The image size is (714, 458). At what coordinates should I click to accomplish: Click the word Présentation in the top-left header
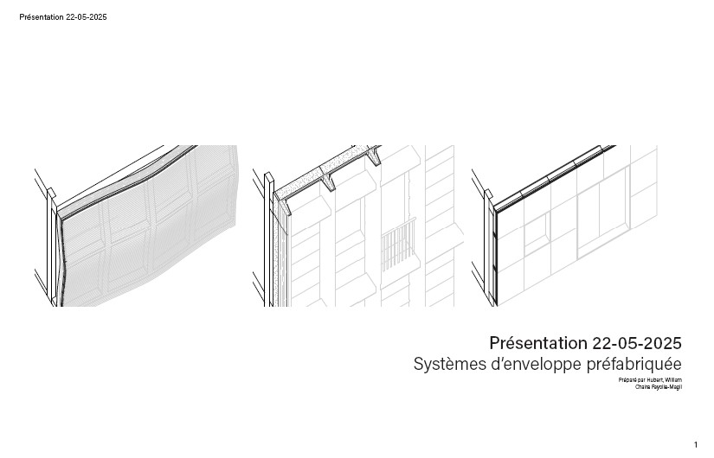point(42,17)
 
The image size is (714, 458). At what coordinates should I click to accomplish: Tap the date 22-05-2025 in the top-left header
point(87,17)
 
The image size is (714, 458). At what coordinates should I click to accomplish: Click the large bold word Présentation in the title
point(538,343)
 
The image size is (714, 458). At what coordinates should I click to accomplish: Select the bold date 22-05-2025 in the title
point(637,343)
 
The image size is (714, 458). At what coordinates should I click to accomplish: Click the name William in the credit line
point(673,379)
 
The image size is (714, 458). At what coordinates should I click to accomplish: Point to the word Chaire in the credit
point(643,387)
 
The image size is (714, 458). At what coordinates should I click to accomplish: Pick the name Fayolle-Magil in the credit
point(666,387)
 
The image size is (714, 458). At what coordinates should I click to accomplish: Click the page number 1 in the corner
point(695,444)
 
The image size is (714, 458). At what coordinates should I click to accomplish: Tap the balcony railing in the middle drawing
point(399,245)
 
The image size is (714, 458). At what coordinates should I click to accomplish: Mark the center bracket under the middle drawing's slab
point(329,182)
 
